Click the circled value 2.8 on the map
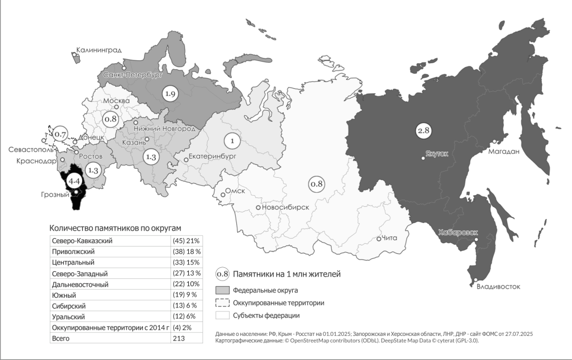pyautogui.click(x=424, y=131)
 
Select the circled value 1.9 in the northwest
pyautogui.click(x=170, y=94)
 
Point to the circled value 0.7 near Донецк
pyautogui.click(x=60, y=135)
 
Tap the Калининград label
pyautogui.click(x=99, y=50)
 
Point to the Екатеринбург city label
pyautogui.click(x=213, y=156)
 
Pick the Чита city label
pyautogui.click(x=390, y=238)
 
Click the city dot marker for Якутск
pyautogui.click(x=424, y=158)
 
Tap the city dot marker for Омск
pyautogui.click(x=223, y=195)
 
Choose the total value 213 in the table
pyautogui.click(x=179, y=338)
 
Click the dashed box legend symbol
pyautogui.click(x=222, y=302)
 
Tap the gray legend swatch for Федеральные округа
pyautogui.click(x=222, y=290)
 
